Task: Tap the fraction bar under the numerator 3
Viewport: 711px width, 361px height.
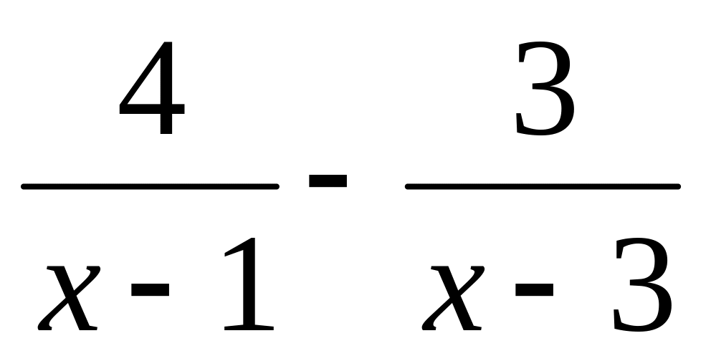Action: (x=543, y=187)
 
